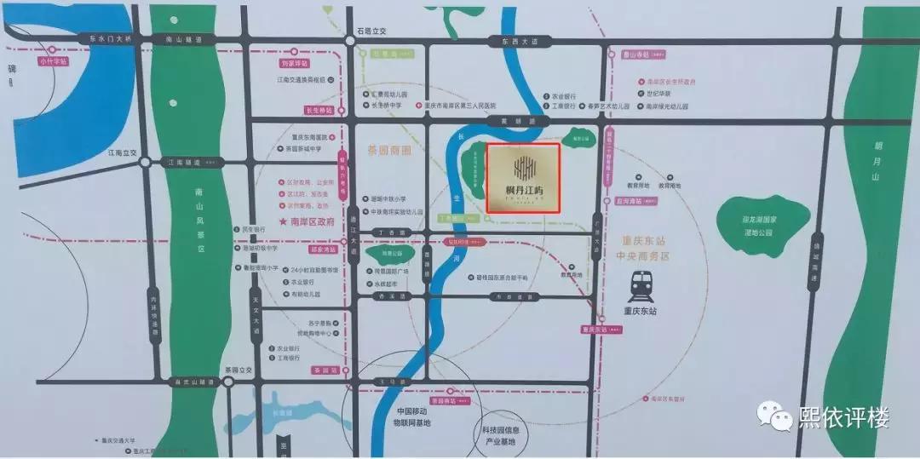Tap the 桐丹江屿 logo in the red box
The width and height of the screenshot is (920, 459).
522,176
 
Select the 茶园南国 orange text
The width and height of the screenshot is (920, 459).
388,149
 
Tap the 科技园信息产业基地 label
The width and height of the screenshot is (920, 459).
503,436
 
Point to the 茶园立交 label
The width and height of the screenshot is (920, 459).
239,370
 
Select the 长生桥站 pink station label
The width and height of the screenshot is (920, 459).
317,110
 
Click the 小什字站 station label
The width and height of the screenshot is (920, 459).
54,61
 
